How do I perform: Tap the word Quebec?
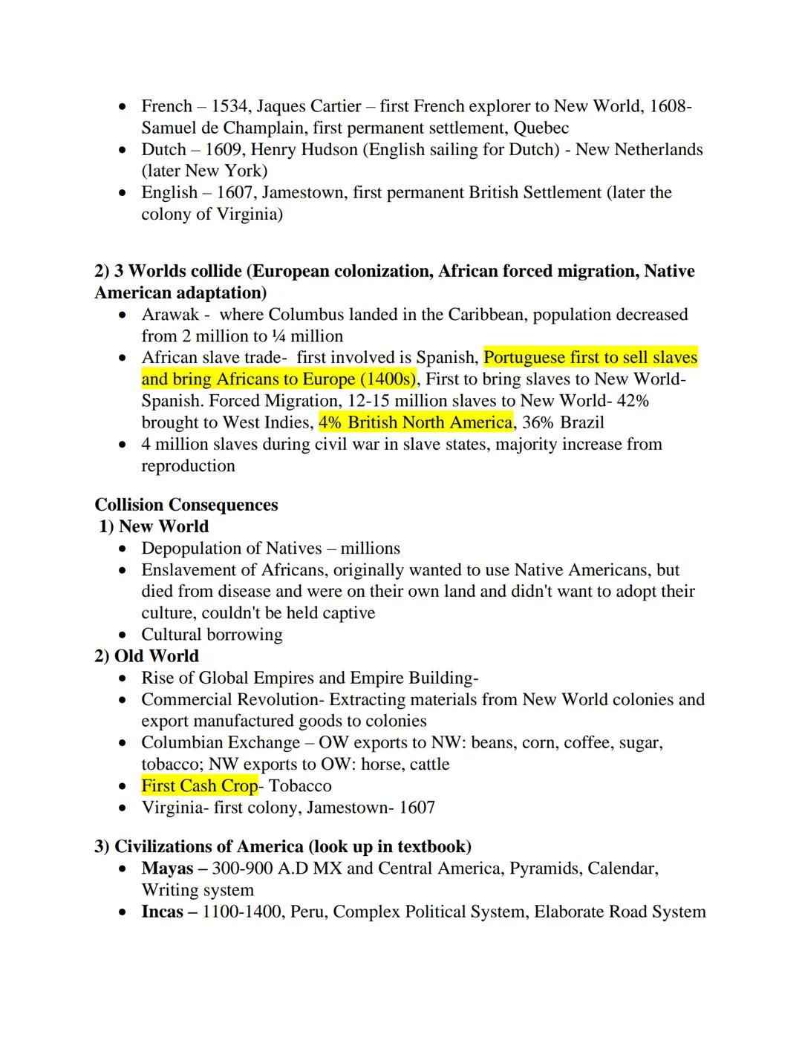(541, 128)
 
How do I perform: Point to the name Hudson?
(330, 149)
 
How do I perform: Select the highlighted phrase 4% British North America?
(415, 422)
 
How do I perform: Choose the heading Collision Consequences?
(186, 505)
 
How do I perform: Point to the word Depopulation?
(189, 549)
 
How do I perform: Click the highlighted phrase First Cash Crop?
(199, 785)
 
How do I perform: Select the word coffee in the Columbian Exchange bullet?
(586, 742)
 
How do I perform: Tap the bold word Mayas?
(167, 868)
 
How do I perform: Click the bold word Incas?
(162, 912)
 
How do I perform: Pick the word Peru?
(307, 912)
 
